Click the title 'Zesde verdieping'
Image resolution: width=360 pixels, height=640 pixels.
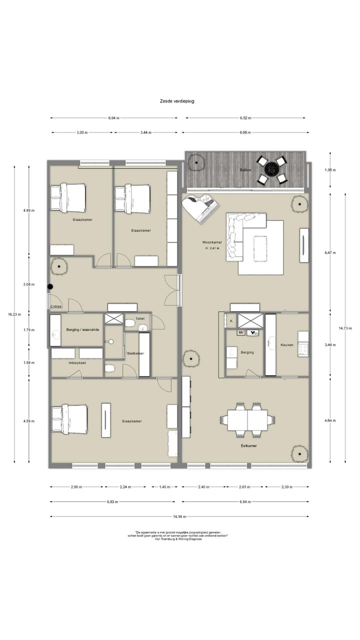(x=177, y=101)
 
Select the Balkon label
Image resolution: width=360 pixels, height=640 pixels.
(x=245, y=170)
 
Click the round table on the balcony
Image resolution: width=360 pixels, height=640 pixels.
(x=271, y=169)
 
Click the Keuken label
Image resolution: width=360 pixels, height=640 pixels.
(x=286, y=345)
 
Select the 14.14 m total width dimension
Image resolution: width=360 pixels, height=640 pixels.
(x=179, y=516)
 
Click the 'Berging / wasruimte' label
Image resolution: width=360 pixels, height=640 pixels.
(x=82, y=330)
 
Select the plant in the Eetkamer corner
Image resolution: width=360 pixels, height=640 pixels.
(x=299, y=453)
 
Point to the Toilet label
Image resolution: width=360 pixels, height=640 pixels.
(x=139, y=318)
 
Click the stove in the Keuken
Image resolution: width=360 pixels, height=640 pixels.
(x=303, y=343)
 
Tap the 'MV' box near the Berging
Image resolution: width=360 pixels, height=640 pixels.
(x=240, y=332)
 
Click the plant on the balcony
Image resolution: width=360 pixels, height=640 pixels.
(x=196, y=162)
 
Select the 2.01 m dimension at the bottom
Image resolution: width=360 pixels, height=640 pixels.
(x=245, y=486)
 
